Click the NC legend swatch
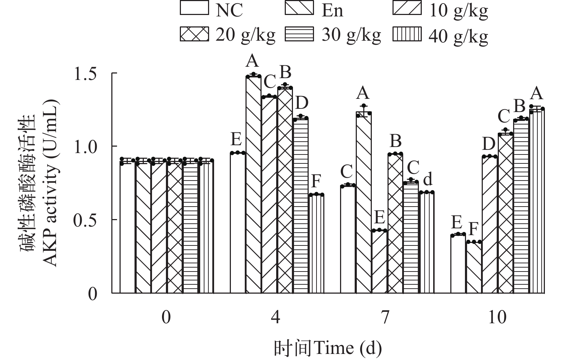194,8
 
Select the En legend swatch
299,8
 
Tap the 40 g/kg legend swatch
407,35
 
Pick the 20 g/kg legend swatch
194,35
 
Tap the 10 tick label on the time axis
497,317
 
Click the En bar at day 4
253,186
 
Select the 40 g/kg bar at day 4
317,244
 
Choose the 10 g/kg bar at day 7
379,262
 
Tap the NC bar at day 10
458,264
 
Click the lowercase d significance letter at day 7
427,179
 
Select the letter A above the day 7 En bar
363,93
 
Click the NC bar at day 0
127,228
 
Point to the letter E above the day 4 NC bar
237,140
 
